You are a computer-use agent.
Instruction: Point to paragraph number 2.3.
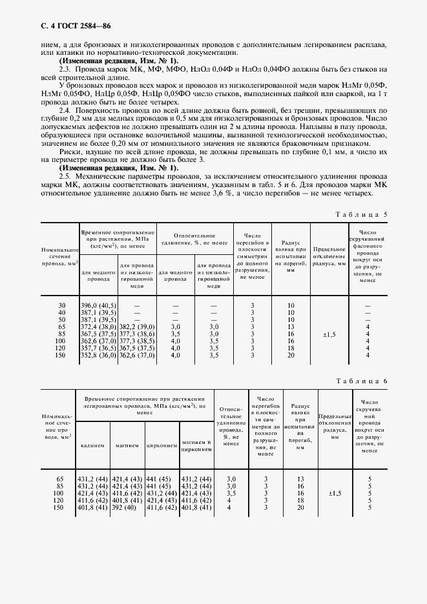pos(65,68)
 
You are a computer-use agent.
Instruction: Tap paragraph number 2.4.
pos(65,110)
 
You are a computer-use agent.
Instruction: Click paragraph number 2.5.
pos(65,176)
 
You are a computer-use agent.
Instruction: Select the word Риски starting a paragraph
pos(69,152)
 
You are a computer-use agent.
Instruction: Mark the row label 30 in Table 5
pos(62,305)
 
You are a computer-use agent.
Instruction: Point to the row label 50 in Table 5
pos(62,319)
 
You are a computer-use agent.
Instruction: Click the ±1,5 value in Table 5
pos(329,334)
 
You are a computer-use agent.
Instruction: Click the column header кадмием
pos(92,445)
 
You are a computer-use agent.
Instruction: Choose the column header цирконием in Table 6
pos(161,445)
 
